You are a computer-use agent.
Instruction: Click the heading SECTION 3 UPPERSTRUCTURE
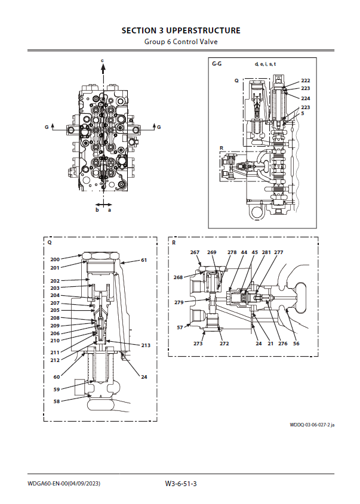click(x=181, y=30)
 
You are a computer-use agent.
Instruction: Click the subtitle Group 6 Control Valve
click(x=181, y=42)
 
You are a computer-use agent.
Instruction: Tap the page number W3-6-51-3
click(x=181, y=484)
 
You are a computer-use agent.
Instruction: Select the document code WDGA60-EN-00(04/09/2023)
click(x=64, y=484)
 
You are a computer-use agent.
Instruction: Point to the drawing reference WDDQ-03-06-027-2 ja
click(x=312, y=425)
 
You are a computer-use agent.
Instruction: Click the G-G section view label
click(x=217, y=64)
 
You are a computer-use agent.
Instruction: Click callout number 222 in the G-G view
click(x=305, y=81)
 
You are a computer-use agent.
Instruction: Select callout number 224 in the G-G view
click(x=305, y=98)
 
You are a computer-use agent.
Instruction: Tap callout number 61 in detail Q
click(x=144, y=260)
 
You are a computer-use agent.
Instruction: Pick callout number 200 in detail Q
click(x=55, y=259)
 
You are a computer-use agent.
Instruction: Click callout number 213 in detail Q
click(x=146, y=345)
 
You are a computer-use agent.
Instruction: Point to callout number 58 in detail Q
click(x=57, y=401)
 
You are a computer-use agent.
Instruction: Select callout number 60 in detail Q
click(x=57, y=377)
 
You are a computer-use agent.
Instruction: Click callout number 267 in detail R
click(x=195, y=252)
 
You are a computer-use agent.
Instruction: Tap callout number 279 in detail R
click(x=179, y=302)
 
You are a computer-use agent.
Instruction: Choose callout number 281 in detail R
click(x=266, y=252)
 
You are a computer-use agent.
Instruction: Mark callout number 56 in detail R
click(x=296, y=344)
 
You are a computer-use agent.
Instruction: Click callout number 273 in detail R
click(x=198, y=344)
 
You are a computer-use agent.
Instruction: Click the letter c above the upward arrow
click(x=103, y=60)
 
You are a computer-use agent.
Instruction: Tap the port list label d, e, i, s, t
click(x=266, y=64)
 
